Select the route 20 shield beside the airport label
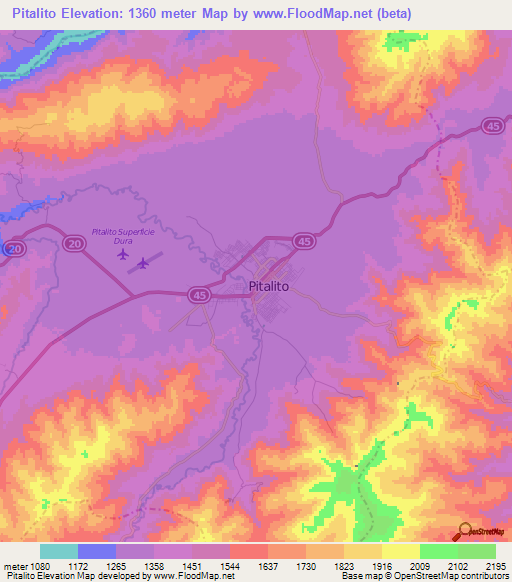[73, 244]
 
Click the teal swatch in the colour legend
[59, 551]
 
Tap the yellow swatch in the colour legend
[401, 551]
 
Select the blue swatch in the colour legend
[97, 551]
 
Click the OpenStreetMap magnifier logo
[463, 531]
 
